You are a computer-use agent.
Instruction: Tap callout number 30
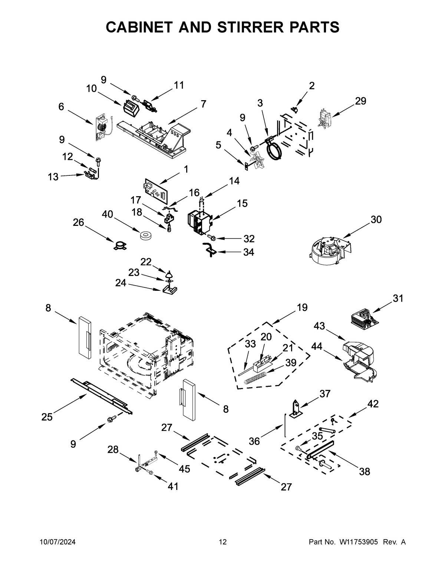point(376,220)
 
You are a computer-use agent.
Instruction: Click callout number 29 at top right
point(360,101)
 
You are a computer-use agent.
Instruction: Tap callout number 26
point(78,223)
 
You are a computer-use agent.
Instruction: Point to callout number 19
point(302,307)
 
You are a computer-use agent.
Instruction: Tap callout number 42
point(373,404)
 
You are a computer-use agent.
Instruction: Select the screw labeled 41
point(151,472)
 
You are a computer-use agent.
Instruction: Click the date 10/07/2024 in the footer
point(57,542)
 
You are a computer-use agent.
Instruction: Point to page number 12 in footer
point(222,542)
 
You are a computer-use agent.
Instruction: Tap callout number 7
point(203,104)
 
